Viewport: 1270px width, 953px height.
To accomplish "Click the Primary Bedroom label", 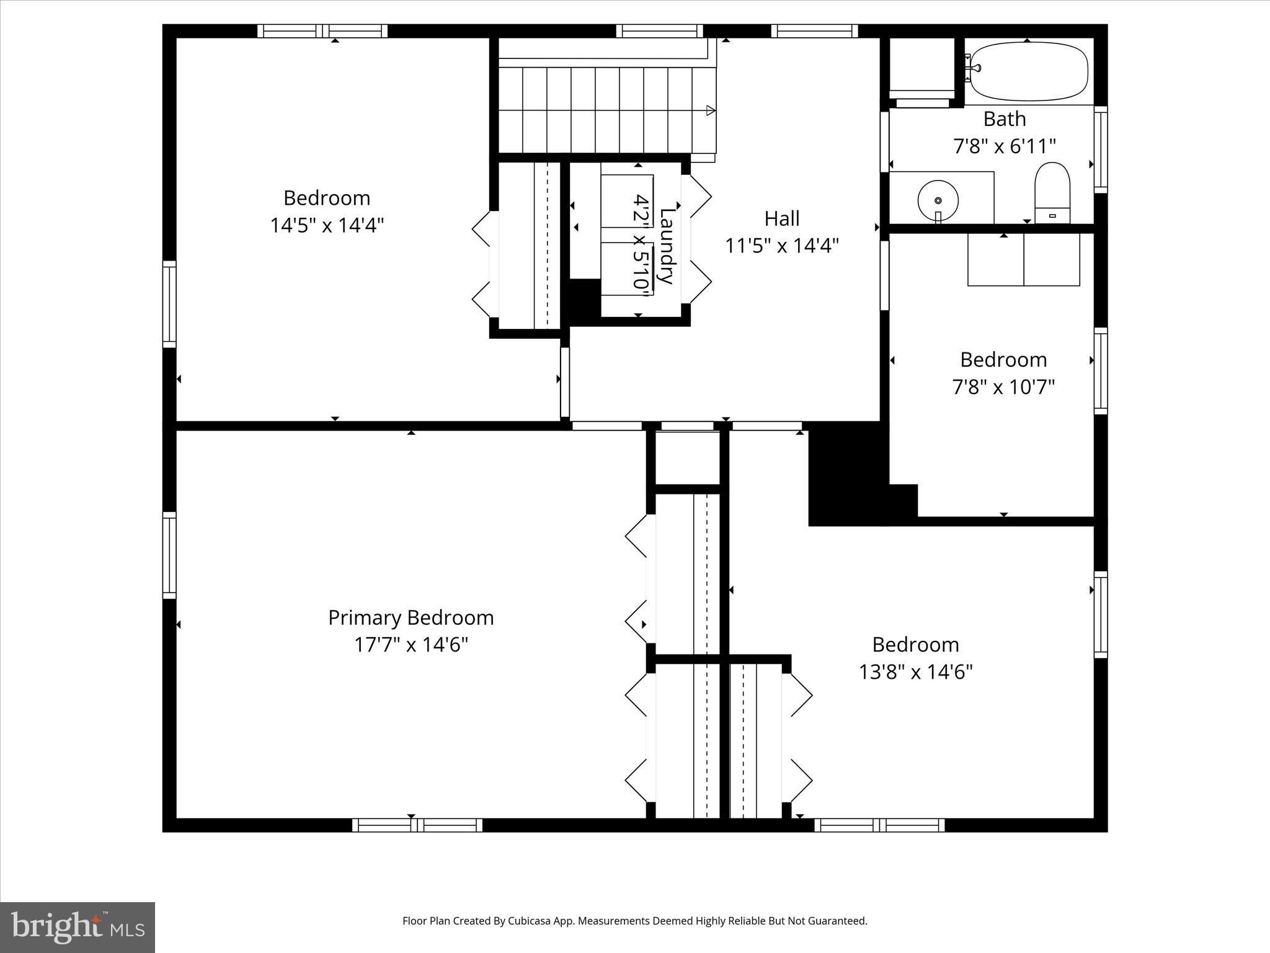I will [411, 617].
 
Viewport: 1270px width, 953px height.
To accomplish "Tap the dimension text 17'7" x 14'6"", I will [411, 645].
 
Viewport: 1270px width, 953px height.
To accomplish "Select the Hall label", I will [781, 218].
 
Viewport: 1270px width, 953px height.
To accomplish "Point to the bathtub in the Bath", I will [1029, 71].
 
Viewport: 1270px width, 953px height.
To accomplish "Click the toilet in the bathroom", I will [1052, 192].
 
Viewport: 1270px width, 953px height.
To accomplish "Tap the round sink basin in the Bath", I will [938, 200].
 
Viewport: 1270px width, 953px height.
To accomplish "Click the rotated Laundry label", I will [666, 246].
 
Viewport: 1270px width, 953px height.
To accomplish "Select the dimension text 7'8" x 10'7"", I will [1003, 387].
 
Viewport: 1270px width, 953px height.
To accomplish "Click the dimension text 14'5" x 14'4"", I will [327, 225].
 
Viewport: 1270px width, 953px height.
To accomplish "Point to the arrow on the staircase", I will [711, 111].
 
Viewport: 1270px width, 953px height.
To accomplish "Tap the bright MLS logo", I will [78, 928].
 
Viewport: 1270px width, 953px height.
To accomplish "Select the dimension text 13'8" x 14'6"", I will [915, 672].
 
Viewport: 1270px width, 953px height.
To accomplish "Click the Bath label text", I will [1004, 119].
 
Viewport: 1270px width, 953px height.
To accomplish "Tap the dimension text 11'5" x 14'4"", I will [781, 246].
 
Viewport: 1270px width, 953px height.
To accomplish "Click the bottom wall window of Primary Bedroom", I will [417, 825].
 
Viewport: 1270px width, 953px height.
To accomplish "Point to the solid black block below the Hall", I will [847, 475].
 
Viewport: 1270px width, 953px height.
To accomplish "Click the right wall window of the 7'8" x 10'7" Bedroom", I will [1100, 370].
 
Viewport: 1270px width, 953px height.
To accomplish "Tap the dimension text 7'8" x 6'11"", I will [1004, 146].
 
